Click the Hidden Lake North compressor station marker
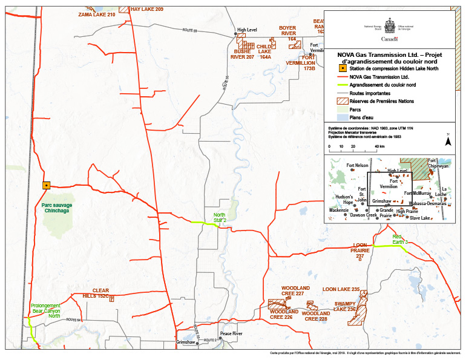click(x=46, y=185)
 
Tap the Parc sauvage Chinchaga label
click(x=57, y=209)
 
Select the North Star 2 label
click(x=220, y=218)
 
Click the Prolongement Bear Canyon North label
click(x=46, y=309)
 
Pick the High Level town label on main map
click(x=248, y=30)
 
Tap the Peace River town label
click(x=231, y=334)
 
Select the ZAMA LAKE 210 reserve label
click(x=97, y=14)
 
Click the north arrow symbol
click(x=448, y=142)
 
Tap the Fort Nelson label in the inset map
click(x=357, y=165)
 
